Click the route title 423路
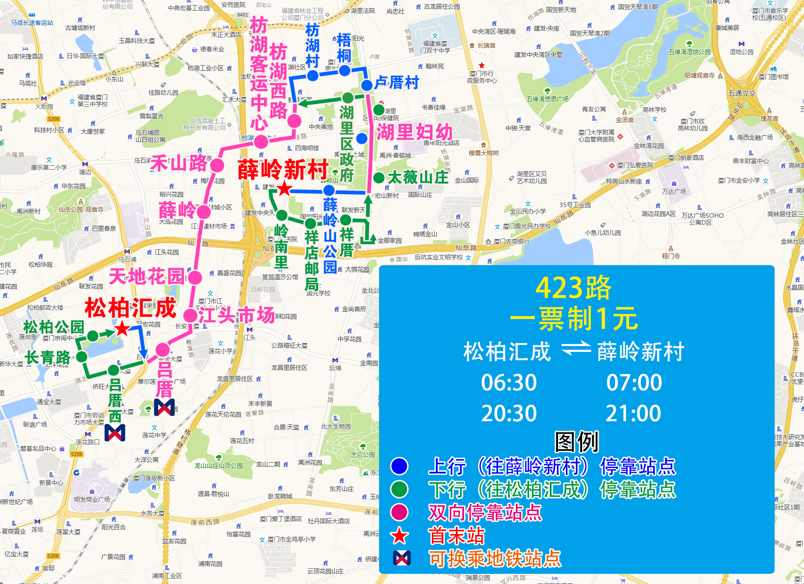[573, 288]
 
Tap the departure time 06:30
[509, 383]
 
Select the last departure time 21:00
[633, 413]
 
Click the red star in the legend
[399, 536]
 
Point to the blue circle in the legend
[399, 466]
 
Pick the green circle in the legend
[399, 489]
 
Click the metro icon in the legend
[401, 559]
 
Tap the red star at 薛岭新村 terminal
[284, 189]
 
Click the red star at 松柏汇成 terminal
[122, 329]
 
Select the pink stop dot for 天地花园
[195, 277]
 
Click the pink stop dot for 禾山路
[217, 165]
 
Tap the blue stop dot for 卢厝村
[367, 85]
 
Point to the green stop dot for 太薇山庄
[379, 178]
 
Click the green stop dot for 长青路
[82, 357]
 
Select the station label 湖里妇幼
[414, 132]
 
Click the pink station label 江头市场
[236, 315]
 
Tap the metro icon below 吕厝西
[115, 433]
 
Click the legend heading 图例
[577, 442]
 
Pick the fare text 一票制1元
[573, 319]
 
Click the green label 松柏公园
[54, 327]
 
